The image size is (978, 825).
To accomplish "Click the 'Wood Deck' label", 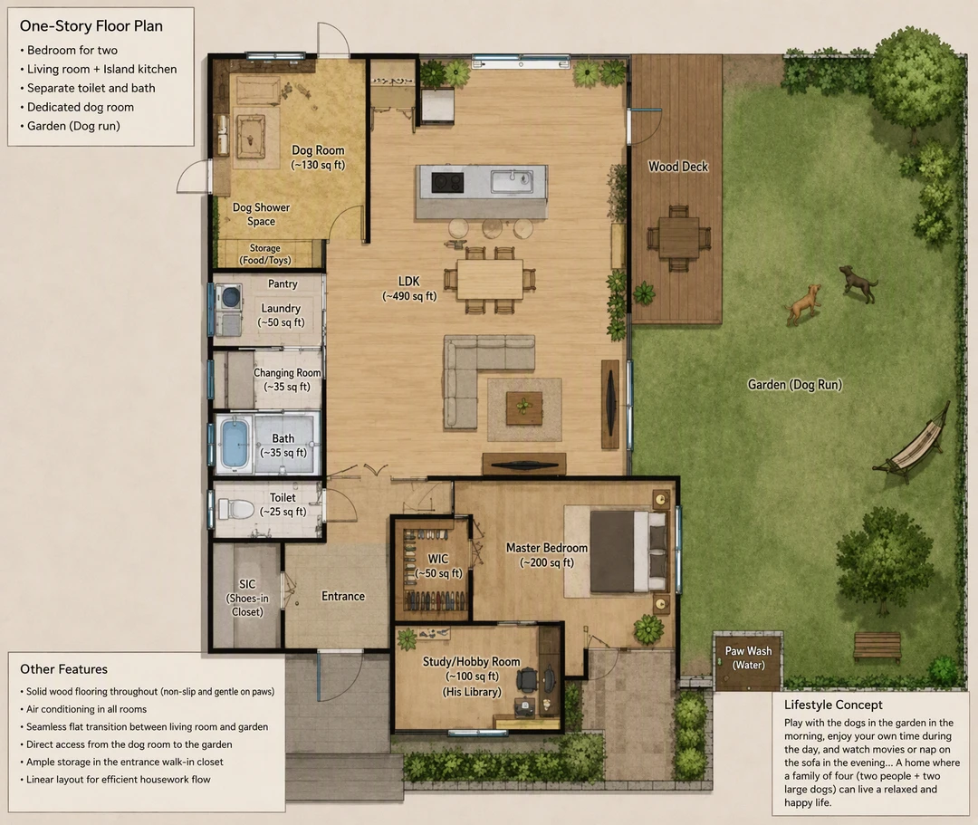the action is pyautogui.click(x=678, y=167).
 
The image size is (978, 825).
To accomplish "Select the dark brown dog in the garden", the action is pyautogui.click(x=858, y=283).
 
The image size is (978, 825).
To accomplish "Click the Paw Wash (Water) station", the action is pyautogui.click(x=748, y=660).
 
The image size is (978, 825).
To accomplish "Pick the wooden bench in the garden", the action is pyautogui.click(x=877, y=646).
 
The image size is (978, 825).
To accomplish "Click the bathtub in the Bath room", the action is pyautogui.click(x=235, y=444).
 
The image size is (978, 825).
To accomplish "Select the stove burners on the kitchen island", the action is pyautogui.click(x=448, y=183).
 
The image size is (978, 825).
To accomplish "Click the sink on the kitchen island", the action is pyautogui.click(x=511, y=181).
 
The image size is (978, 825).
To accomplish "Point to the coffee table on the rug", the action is pyautogui.click(x=524, y=408).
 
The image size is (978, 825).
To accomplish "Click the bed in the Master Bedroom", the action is pyautogui.click(x=628, y=552).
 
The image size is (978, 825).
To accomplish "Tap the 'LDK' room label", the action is pyautogui.click(x=409, y=282).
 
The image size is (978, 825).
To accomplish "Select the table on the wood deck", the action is pyautogui.click(x=678, y=237).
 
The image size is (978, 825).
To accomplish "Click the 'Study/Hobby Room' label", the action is pyautogui.click(x=472, y=662).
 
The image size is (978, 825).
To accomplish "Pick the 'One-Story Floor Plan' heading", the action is pyautogui.click(x=91, y=26).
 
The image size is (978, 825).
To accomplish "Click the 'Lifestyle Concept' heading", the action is pyautogui.click(x=833, y=705).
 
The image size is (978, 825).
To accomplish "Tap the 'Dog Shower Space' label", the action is pyautogui.click(x=262, y=214).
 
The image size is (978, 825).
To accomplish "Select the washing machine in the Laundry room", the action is pyautogui.click(x=228, y=295).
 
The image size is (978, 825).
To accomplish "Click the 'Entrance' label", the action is pyautogui.click(x=343, y=596).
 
